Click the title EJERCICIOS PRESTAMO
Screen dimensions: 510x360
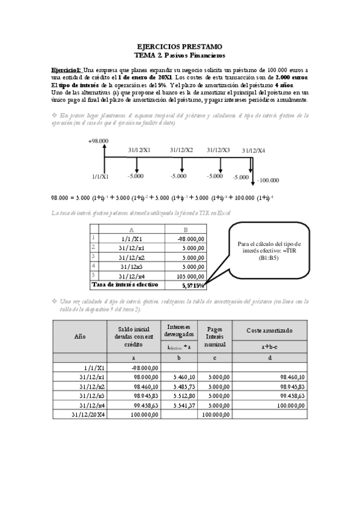pyautogui.click(x=180, y=46)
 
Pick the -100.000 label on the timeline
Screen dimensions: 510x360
pyautogui.click(x=267, y=180)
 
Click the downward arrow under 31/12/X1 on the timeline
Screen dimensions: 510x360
pyautogui.click(x=137, y=165)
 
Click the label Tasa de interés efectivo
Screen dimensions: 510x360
pyautogui.click(x=124, y=284)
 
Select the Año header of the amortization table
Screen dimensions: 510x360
pyautogui.click(x=79, y=337)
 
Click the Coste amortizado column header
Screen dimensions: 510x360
pyautogui.click(x=270, y=331)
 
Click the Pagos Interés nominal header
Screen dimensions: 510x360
pyautogui.click(x=215, y=337)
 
